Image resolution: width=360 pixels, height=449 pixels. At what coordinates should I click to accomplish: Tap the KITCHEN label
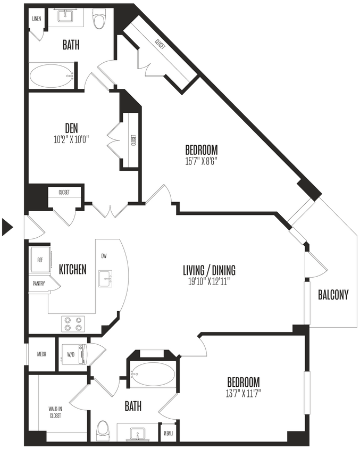[x=72, y=269]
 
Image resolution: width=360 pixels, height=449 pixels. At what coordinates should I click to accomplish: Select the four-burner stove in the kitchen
[x=73, y=323]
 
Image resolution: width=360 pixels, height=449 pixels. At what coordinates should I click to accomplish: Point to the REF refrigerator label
[x=40, y=260]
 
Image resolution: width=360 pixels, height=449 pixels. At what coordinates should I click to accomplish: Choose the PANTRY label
[x=38, y=284]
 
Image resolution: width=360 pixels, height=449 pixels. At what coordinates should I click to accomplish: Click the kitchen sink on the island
[x=105, y=278]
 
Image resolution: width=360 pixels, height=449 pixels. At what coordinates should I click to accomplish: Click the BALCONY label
[x=333, y=295]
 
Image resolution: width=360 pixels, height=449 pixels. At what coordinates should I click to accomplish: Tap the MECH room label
[x=41, y=354]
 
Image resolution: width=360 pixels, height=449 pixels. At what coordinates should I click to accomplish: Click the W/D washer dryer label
[x=70, y=354]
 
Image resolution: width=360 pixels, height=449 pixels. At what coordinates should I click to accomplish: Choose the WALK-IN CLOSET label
[x=55, y=412]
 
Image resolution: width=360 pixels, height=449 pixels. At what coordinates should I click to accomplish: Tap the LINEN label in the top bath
[x=36, y=19]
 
